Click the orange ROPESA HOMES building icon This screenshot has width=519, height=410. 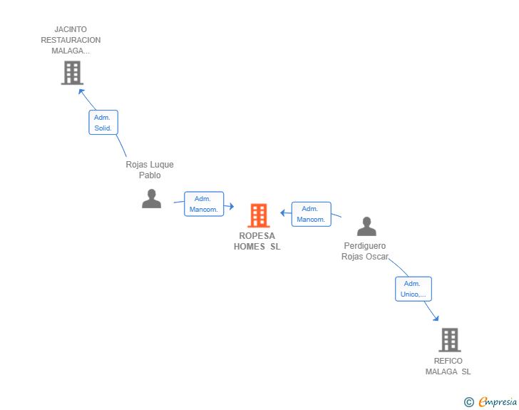tap(259, 215)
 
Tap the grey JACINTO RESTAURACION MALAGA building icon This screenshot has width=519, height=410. tap(72, 73)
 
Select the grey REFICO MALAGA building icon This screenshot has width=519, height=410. tap(449, 340)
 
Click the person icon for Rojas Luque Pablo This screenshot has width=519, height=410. tap(152, 199)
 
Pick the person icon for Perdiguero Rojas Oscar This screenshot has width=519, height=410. tap(366, 227)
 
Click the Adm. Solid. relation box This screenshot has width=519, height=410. tap(103, 123)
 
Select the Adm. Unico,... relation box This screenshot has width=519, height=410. tap(413, 289)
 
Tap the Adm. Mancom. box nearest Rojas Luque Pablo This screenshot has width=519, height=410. tap(204, 204)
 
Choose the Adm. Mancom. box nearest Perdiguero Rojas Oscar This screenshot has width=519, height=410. tap(311, 215)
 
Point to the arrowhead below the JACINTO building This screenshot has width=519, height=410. tap(81, 91)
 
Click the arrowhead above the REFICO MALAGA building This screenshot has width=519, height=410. tap(436, 318)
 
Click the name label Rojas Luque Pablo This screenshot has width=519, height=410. tap(150, 170)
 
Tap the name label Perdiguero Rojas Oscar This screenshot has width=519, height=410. tap(365, 251)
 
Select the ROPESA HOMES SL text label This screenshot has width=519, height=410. tap(257, 241)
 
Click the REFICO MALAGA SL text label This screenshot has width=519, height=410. tap(448, 367)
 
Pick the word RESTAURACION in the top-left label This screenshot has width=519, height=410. tap(71, 40)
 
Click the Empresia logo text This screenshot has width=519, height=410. tap(498, 402)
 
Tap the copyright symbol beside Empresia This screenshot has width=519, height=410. tap(469, 402)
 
